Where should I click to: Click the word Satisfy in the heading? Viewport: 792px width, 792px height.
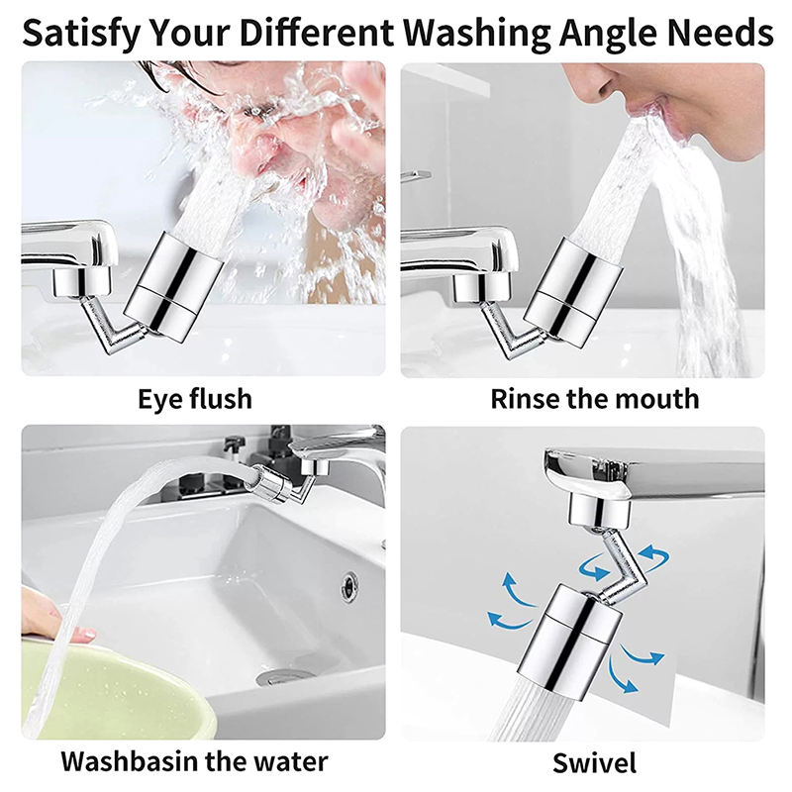tap(81, 34)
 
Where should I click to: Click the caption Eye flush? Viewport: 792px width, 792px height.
tap(195, 399)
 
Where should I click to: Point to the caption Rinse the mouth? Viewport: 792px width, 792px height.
tap(595, 399)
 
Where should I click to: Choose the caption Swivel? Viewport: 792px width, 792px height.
tap(595, 762)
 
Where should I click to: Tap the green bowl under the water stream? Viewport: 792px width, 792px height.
tap(116, 691)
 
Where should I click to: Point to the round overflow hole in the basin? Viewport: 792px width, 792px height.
tap(349, 585)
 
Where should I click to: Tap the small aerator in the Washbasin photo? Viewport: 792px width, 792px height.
tap(267, 483)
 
